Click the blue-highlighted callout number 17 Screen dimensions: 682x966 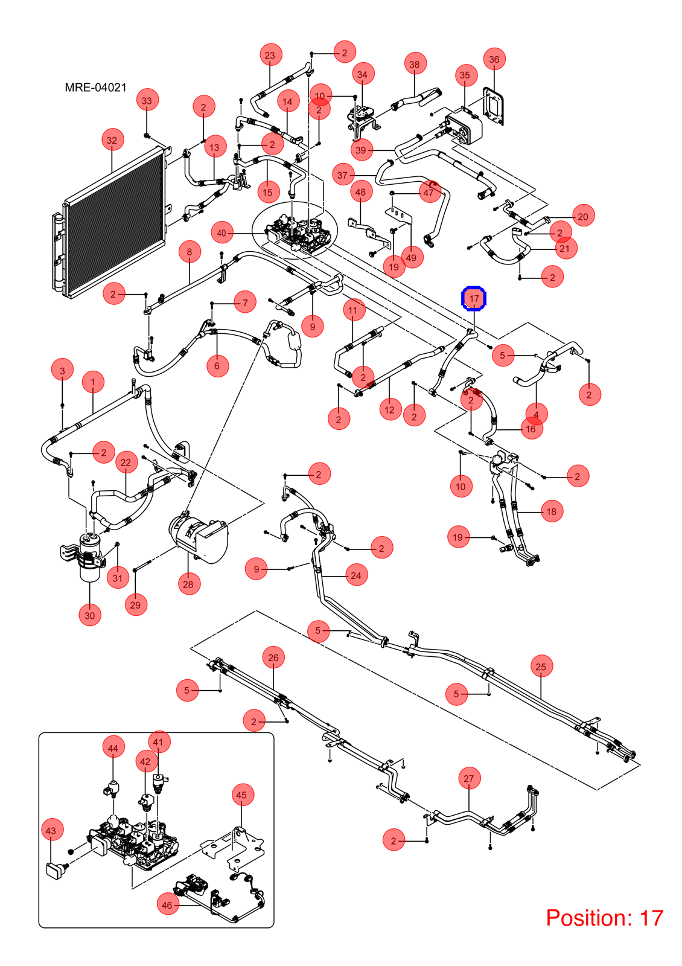pyautogui.click(x=474, y=298)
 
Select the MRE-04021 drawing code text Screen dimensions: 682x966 pyautogui.click(x=96, y=88)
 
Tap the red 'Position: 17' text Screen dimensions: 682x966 pyautogui.click(x=604, y=918)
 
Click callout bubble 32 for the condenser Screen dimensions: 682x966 pyautogui.click(x=112, y=140)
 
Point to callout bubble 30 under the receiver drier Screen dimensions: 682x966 pyautogui.click(x=90, y=615)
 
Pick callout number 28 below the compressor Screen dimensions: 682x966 pyautogui.click(x=188, y=584)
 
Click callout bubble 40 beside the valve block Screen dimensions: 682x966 pyautogui.click(x=221, y=233)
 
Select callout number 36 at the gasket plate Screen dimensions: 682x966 pyautogui.click(x=494, y=60)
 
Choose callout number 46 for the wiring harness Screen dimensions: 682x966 pyautogui.click(x=167, y=905)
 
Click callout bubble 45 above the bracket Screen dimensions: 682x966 pyautogui.click(x=242, y=795)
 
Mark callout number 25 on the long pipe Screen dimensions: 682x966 pyautogui.click(x=541, y=667)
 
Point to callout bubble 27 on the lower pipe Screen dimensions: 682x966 pyautogui.click(x=469, y=778)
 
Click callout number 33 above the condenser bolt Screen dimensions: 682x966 pyautogui.click(x=147, y=100)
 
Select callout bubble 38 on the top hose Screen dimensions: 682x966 pyautogui.click(x=415, y=64)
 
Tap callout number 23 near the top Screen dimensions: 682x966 pyautogui.click(x=270, y=55)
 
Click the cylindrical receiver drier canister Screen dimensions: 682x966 pyautogui.click(x=90, y=557)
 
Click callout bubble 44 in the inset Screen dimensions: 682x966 pyautogui.click(x=113, y=748)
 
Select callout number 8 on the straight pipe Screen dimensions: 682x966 pyautogui.click(x=190, y=251)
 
